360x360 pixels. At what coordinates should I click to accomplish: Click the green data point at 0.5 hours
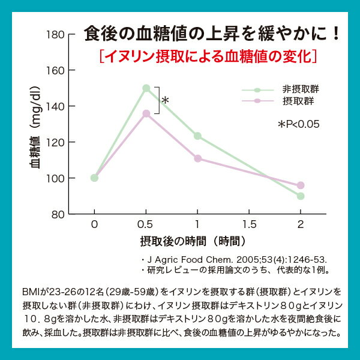146,88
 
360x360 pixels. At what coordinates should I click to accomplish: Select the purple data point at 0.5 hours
146,113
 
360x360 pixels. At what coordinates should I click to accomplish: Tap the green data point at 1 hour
197,136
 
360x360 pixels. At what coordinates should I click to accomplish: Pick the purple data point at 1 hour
197,158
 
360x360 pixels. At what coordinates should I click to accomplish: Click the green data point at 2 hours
301,196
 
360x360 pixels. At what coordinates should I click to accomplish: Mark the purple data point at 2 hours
301,185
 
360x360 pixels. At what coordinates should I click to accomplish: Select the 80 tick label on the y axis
56,214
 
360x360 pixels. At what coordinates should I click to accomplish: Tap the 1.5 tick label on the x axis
249,224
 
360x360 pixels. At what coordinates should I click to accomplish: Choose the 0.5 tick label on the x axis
146,224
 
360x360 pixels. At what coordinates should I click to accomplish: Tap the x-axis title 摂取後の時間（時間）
193,241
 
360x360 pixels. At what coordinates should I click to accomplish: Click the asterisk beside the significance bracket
166,100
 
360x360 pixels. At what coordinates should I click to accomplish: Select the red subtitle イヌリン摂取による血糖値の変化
209,57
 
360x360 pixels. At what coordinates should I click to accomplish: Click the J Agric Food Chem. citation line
234,259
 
